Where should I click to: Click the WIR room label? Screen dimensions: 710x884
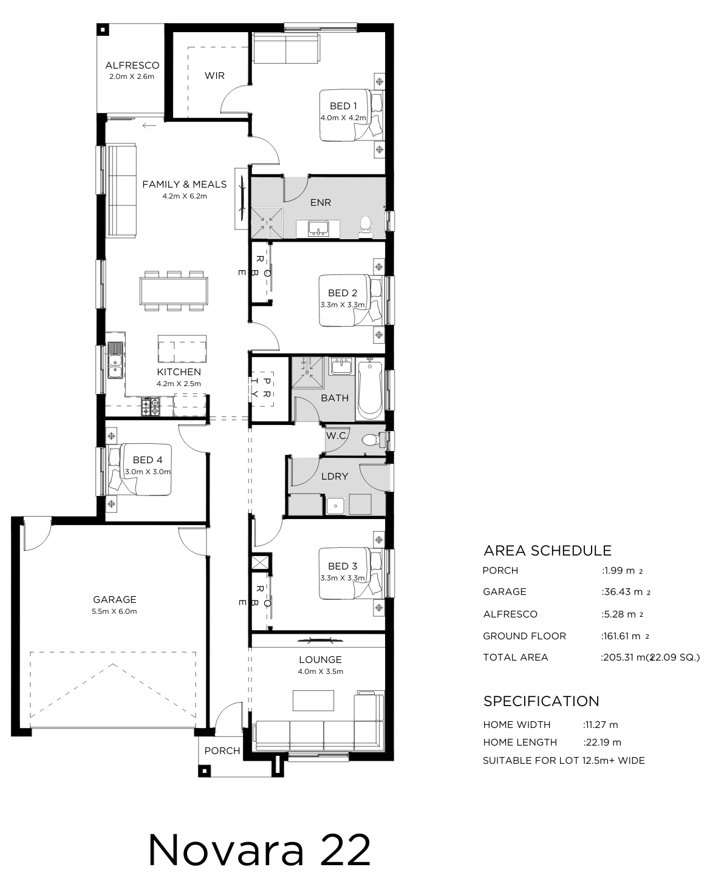(x=214, y=75)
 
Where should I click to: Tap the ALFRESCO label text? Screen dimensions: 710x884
(x=132, y=66)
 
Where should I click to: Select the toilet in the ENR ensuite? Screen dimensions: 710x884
(x=365, y=226)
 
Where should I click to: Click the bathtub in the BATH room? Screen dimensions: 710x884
(x=370, y=389)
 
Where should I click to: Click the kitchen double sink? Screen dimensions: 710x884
(x=115, y=360)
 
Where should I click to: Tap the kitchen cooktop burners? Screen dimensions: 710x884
(x=150, y=407)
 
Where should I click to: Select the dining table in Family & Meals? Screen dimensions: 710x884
(x=174, y=291)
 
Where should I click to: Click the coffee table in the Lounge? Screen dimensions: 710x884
(x=313, y=701)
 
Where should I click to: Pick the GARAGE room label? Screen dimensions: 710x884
(x=115, y=599)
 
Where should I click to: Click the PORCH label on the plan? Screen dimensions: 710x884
(x=222, y=750)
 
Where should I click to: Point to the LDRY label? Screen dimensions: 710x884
(x=335, y=476)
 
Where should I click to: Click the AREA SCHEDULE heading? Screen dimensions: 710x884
(x=548, y=551)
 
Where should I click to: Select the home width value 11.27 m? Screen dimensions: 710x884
(x=601, y=724)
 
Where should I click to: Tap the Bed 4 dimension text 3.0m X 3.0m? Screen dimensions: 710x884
(x=148, y=472)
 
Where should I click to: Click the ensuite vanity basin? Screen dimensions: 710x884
(x=318, y=228)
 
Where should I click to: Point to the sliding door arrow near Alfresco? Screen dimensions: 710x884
(x=149, y=125)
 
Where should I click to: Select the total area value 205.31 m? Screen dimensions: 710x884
(x=624, y=658)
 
